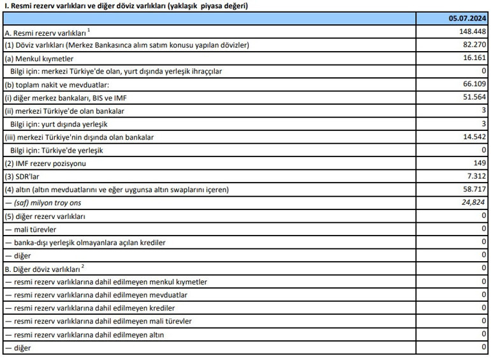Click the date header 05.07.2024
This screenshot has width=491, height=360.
pos(468,19)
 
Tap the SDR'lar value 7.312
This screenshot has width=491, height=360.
pos(476,176)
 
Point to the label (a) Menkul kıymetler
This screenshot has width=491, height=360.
pos(38,58)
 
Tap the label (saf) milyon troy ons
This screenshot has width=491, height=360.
pos(45,203)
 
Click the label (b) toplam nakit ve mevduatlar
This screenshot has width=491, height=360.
pos(57,84)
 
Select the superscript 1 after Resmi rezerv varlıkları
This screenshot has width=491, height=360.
pos(89,29)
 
